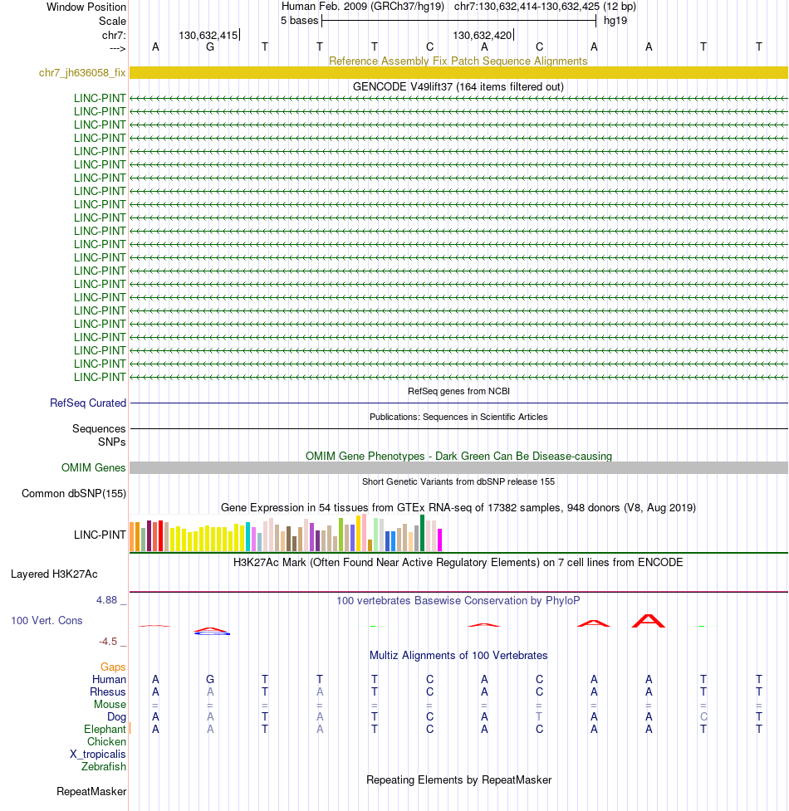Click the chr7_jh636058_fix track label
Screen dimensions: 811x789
click(82, 73)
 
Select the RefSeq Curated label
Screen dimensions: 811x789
click(88, 403)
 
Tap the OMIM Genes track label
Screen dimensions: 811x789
click(94, 468)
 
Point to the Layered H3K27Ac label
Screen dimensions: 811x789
click(54, 574)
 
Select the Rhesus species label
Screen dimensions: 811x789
click(108, 692)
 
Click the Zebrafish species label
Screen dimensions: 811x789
click(104, 767)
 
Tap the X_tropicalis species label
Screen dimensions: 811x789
click(98, 755)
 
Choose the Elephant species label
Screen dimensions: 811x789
click(105, 730)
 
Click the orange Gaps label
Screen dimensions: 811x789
click(113, 667)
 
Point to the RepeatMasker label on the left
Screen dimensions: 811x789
click(91, 792)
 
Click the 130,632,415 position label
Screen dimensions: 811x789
click(208, 36)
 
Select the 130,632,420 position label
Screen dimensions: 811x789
click(482, 36)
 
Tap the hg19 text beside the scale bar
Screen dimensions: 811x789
click(615, 21)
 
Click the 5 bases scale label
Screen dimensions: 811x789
click(299, 21)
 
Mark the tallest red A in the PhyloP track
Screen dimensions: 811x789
click(648, 620)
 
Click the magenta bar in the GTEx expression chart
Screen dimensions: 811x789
click(440, 540)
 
